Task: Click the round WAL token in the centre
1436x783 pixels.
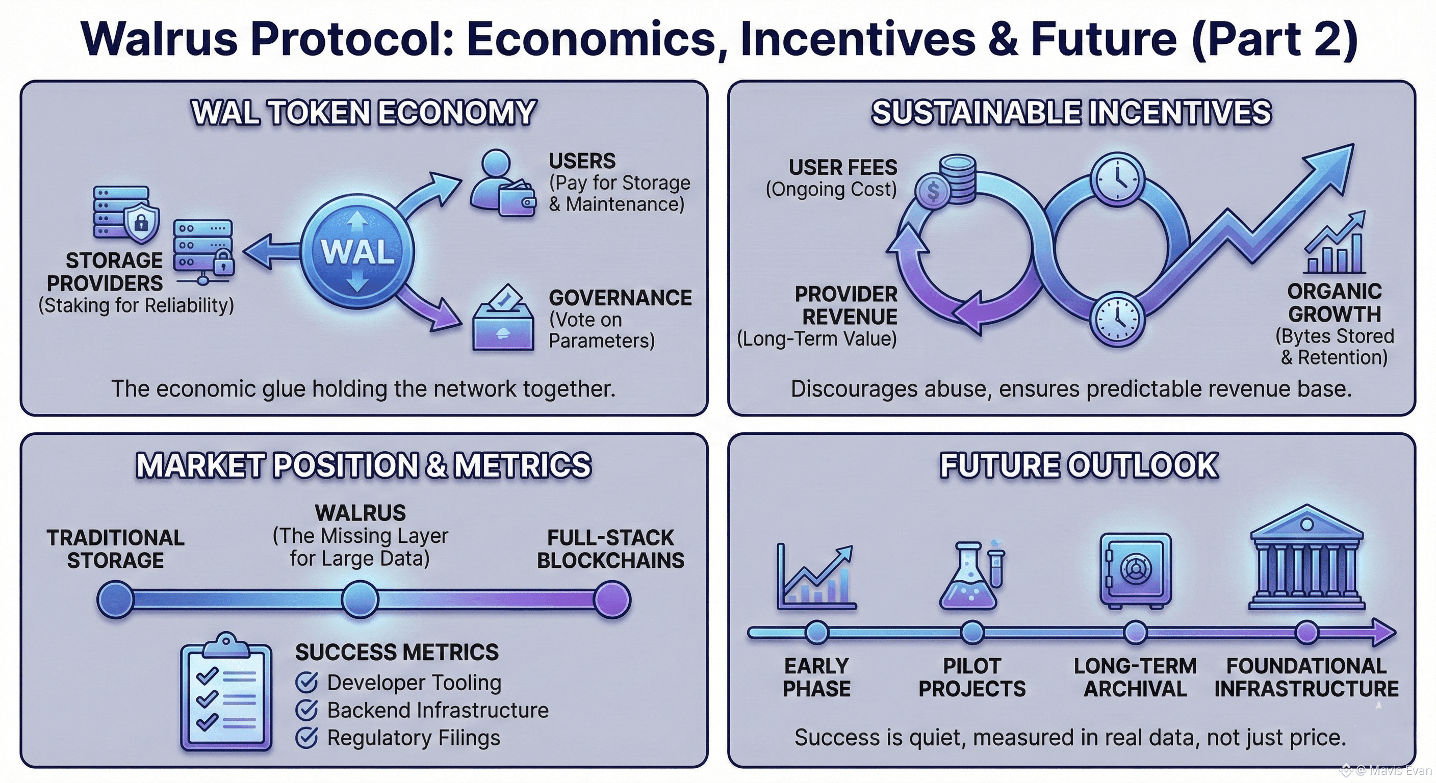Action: pos(357,251)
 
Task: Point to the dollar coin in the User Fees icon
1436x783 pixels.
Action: pos(933,192)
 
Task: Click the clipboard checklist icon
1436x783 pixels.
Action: pos(226,692)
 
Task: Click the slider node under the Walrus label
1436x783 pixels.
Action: pos(360,599)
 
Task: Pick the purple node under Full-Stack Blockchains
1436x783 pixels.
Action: pos(611,599)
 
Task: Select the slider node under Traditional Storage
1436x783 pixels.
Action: pos(115,599)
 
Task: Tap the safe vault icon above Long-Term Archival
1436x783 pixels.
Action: pos(1135,570)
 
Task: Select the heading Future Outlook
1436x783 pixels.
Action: pos(1079,465)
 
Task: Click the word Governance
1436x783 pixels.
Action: pos(620,298)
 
